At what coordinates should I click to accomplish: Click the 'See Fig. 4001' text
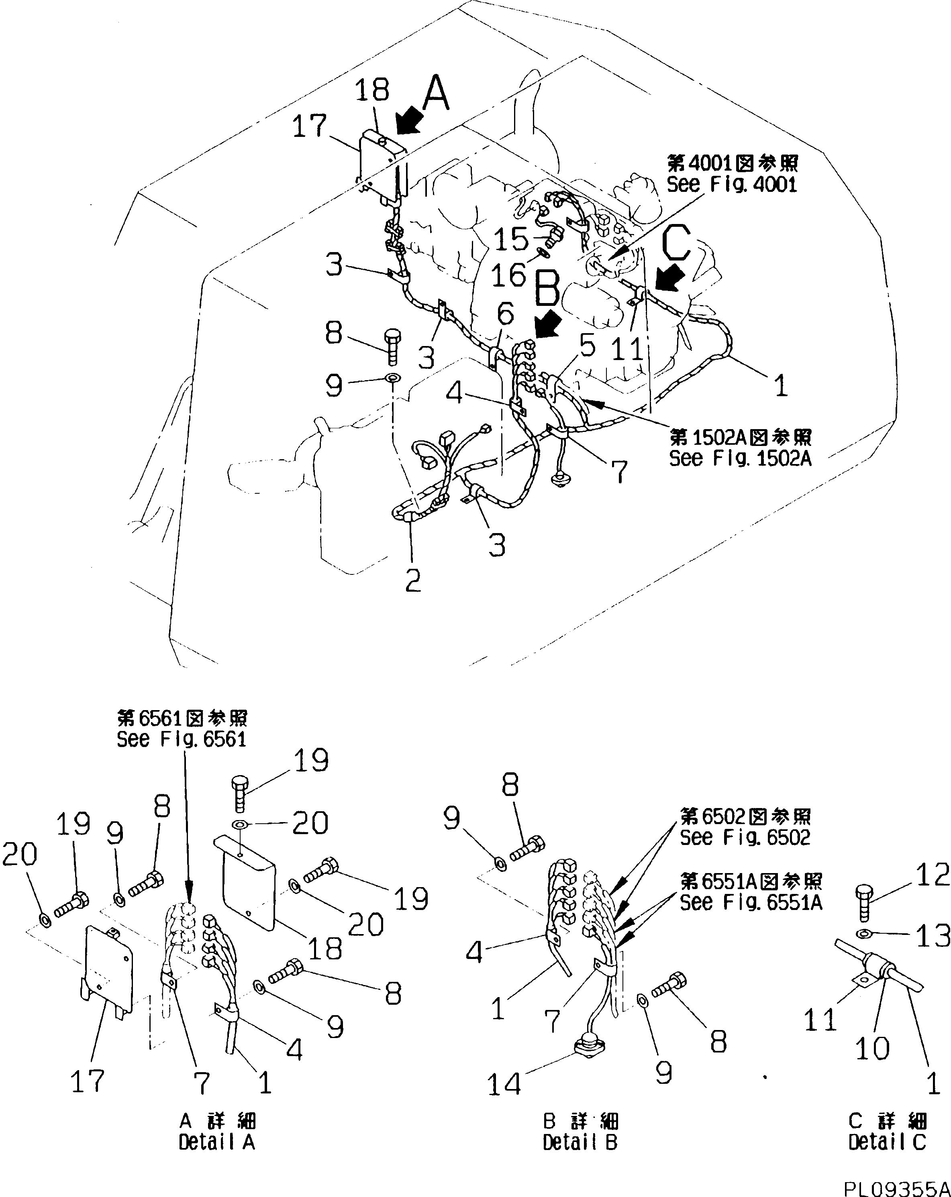pyautogui.click(x=732, y=184)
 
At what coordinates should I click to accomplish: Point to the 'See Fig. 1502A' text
pyautogui.click(x=739, y=458)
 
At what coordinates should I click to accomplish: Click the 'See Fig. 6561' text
pyautogui.click(x=181, y=739)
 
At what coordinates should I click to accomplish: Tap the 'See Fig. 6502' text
pyautogui.click(x=745, y=837)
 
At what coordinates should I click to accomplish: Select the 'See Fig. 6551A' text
pyautogui.click(x=751, y=903)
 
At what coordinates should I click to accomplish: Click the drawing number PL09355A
pyautogui.click(x=896, y=1187)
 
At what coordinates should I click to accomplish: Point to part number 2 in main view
pyautogui.click(x=413, y=580)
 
